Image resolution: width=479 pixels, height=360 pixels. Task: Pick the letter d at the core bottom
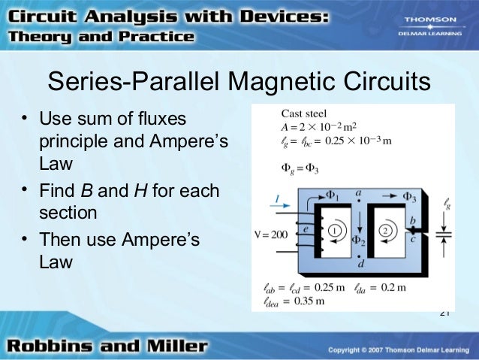pyautogui.click(x=361, y=265)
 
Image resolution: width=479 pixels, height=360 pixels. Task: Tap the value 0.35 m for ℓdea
pyautogui.click(x=309, y=301)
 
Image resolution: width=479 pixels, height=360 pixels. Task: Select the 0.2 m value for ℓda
pyautogui.click(x=395, y=287)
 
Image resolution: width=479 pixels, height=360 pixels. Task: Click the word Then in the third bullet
pyautogui.click(x=61, y=240)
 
